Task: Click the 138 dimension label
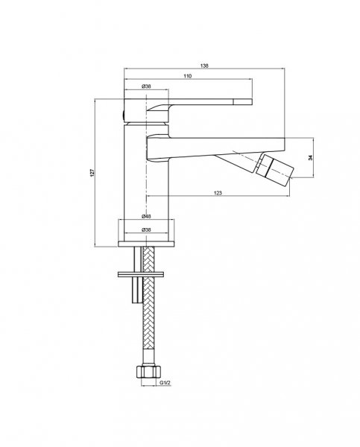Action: pyautogui.click(x=204, y=66)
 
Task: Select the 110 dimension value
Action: pyautogui.click(x=187, y=76)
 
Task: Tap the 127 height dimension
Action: pyautogui.click(x=92, y=173)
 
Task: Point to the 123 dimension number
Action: pyautogui.click(x=218, y=193)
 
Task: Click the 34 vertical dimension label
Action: pyautogui.click(x=311, y=157)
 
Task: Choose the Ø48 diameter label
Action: pyautogui.click(x=146, y=216)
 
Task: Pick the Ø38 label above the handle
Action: pyautogui.click(x=146, y=86)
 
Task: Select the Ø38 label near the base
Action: pyautogui.click(x=146, y=229)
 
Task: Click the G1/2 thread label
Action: pyautogui.click(x=165, y=383)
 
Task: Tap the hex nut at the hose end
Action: pyautogui.click(x=148, y=372)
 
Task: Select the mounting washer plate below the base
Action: pyautogui.click(x=141, y=274)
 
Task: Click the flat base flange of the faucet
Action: pyautogui.click(x=146, y=244)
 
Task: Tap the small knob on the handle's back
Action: pyautogui.click(x=123, y=115)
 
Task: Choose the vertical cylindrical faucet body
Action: pyautogui.click(x=146, y=183)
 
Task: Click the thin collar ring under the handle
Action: pyautogui.click(x=146, y=124)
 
